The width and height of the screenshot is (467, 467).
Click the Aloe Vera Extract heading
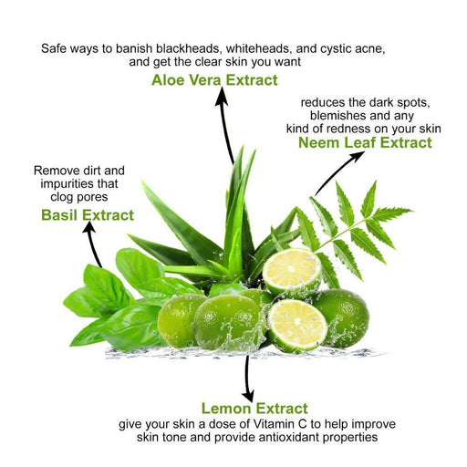tap(214, 80)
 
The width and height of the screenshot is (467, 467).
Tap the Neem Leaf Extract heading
tap(365, 142)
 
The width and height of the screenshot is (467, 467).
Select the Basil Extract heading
tap(88, 215)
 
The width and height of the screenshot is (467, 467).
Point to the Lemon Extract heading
tap(254, 409)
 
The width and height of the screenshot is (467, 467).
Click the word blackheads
tap(189, 48)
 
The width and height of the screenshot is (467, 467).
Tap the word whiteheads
tap(259, 48)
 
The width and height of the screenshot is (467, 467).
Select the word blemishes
tap(336, 116)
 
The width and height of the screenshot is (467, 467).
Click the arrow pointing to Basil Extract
tap(92, 244)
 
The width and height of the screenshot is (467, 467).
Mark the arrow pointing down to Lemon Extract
tap(248, 379)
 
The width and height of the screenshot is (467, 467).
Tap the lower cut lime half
tap(297, 326)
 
